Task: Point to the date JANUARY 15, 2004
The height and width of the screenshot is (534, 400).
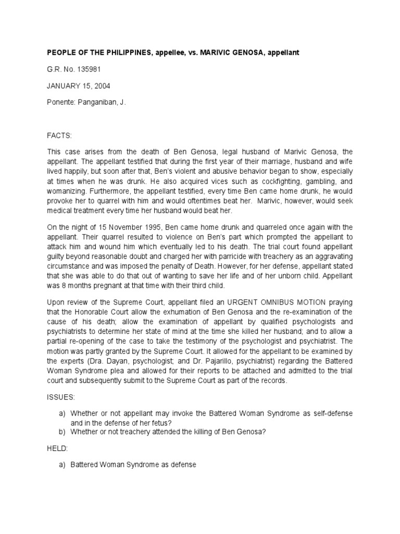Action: (x=78, y=86)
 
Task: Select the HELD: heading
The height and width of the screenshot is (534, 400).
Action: (x=58, y=447)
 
